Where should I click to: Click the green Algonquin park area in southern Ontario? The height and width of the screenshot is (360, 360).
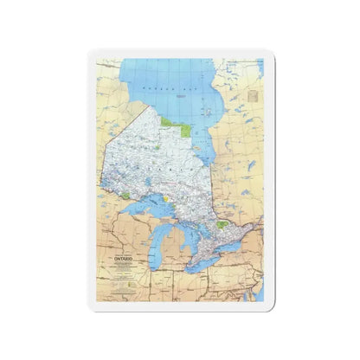coord(223,223)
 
